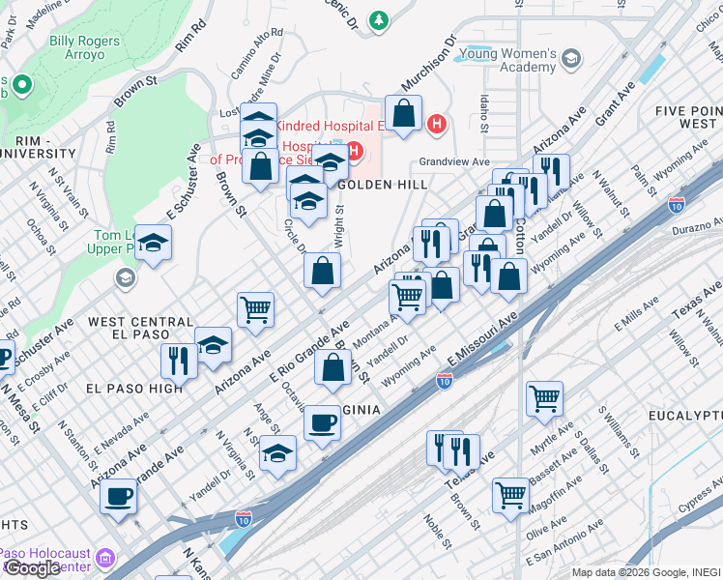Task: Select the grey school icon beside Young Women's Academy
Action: click(x=571, y=59)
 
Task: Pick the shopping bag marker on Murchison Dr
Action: click(x=404, y=113)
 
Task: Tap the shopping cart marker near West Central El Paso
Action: click(x=256, y=310)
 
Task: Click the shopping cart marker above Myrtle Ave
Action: click(x=545, y=397)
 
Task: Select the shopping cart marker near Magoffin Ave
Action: click(x=510, y=495)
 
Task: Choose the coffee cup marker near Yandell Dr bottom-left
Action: click(x=118, y=497)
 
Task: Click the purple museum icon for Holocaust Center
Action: click(x=104, y=559)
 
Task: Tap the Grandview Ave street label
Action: click(x=454, y=162)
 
